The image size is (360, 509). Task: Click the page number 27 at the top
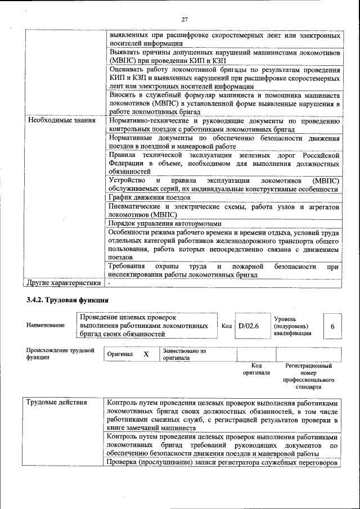point(184,20)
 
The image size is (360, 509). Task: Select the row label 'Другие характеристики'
point(62,282)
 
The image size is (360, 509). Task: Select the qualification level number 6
point(332,326)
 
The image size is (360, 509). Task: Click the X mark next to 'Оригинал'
point(146,355)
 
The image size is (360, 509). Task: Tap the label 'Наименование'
point(45,326)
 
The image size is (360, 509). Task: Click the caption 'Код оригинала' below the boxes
point(256,370)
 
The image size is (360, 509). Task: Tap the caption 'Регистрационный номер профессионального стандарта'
point(308,376)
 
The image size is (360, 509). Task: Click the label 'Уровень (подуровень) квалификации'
point(294,326)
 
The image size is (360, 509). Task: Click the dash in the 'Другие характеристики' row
point(110,282)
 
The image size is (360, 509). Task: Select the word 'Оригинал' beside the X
point(120,355)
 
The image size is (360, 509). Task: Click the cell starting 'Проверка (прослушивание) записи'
point(223,462)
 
